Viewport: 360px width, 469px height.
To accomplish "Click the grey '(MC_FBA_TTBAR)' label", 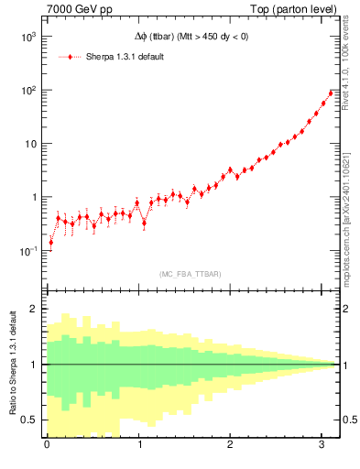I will pos(189,274).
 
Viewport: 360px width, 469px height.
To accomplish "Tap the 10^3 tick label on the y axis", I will pos(28,38).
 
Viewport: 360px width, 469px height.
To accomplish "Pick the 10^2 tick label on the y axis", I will pos(28,91).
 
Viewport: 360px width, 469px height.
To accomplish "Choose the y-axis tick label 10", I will pos(31,144).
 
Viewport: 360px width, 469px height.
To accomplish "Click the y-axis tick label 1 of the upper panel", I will pos(34,197).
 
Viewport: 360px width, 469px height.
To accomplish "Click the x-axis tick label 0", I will pos(47,446).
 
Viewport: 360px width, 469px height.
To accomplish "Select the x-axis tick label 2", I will pos(230,446).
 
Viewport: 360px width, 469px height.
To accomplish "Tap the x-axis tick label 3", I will pos(322,446).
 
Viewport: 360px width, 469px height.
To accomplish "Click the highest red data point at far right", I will pos(331,93).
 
